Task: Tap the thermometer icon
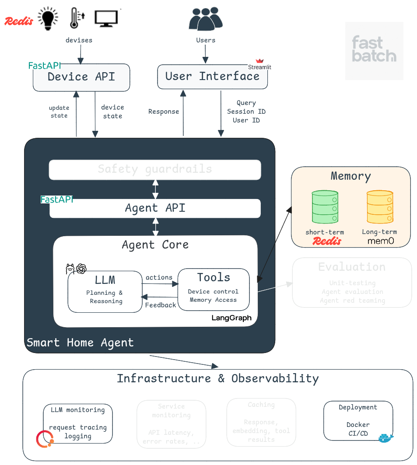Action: tap(76, 18)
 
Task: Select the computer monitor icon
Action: tap(106, 19)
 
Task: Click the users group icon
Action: tap(205, 19)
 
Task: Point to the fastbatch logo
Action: tap(374, 50)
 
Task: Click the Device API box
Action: tap(81, 77)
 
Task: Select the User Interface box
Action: tap(212, 77)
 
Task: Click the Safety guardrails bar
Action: tap(155, 169)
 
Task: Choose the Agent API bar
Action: tap(155, 208)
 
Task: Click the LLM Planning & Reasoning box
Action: tap(105, 291)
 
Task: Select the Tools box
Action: tap(214, 289)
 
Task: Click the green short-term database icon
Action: tap(325, 207)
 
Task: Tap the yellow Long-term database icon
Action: tap(379, 207)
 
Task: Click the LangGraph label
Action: tap(231, 318)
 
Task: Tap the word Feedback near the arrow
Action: tap(161, 305)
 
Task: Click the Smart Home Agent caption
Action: tap(80, 343)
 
